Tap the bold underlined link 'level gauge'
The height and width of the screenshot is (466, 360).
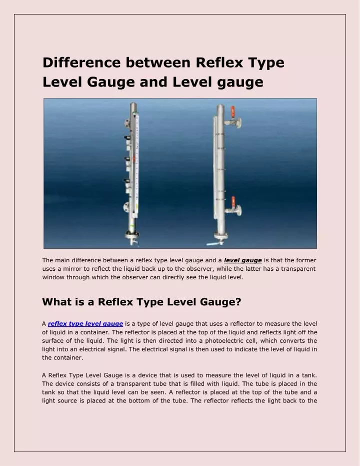point(243,260)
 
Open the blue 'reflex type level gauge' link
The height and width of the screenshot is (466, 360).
point(85,324)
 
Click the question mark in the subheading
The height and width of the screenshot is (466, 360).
point(238,302)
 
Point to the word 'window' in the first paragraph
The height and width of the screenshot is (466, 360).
point(54,277)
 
